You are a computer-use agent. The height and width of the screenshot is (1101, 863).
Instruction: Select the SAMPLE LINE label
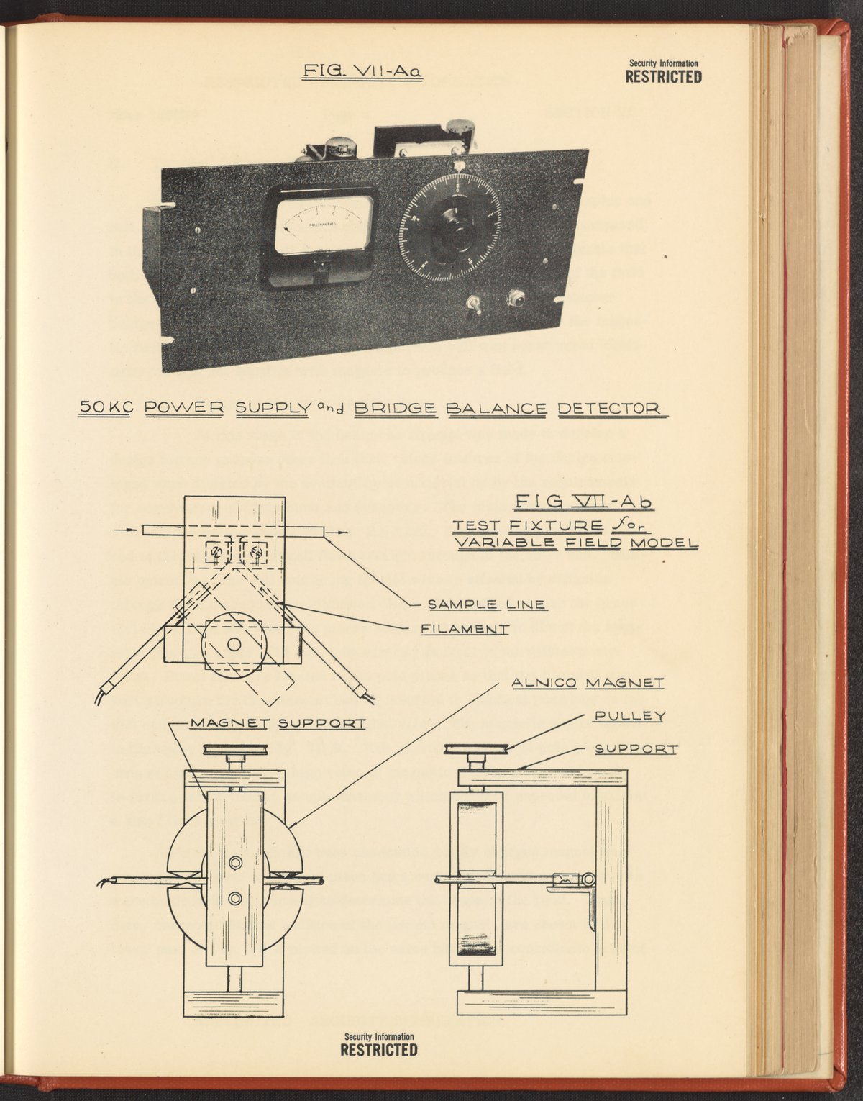[486, 604]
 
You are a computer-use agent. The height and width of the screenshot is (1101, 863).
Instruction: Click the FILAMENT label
[465, 628]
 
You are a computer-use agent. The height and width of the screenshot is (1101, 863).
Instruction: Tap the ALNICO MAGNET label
[587, 681]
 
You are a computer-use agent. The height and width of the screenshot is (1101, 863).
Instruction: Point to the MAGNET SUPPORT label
[277, 722]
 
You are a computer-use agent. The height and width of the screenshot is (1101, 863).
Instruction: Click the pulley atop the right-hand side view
[475, 749]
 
